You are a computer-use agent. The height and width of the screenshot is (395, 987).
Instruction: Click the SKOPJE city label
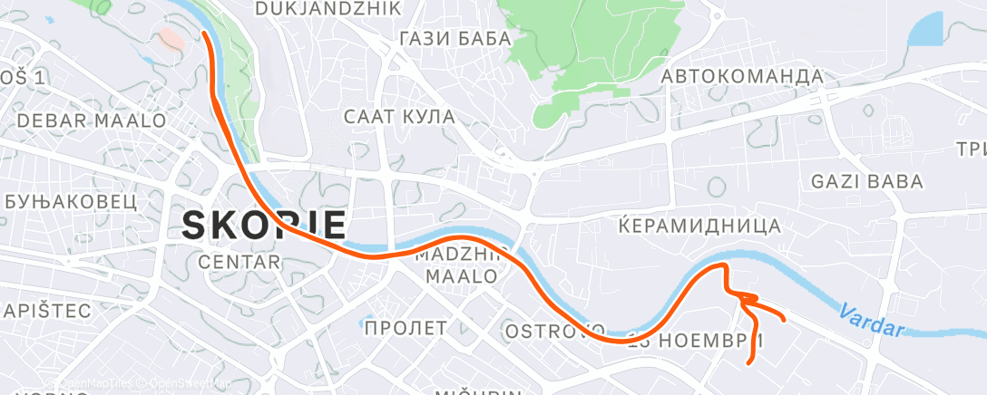tap(264, 225)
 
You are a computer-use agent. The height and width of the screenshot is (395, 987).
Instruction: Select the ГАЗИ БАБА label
tap(455, 38)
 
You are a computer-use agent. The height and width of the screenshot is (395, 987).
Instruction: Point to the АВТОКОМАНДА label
tap(742, 76)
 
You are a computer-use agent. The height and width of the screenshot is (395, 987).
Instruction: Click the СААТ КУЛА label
tap(398, 117)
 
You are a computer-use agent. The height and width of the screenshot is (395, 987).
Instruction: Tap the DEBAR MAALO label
tap(92, 120)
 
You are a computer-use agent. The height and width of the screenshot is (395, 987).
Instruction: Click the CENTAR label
tap(239, 263)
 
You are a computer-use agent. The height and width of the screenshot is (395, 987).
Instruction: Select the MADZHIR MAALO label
tap(457, 265)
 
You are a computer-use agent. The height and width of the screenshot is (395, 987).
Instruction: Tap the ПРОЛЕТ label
tap(406, 328)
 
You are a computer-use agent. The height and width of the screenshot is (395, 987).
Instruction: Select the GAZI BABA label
tap(866, 181)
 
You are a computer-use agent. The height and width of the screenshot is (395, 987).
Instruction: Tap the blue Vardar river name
tap(871, 320)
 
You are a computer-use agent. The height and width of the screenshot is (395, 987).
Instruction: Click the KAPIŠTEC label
tap(45, 311)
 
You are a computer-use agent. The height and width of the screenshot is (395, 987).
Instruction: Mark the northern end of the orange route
tap(205, 33)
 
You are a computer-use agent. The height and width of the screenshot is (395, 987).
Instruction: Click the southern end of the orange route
tap(748, 363)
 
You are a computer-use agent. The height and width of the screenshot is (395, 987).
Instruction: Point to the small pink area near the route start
tap(170, 38)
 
